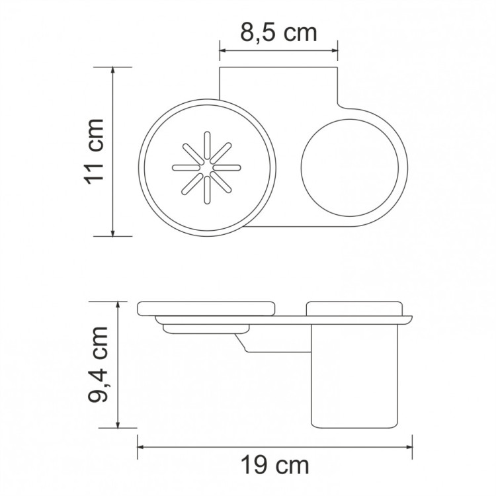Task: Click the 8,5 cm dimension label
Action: [278, 32]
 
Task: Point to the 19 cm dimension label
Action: [274, 466]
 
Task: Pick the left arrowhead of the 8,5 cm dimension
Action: [223, 51]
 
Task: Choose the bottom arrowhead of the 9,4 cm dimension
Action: [118, 424]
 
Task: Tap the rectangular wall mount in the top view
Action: [278, 83]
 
